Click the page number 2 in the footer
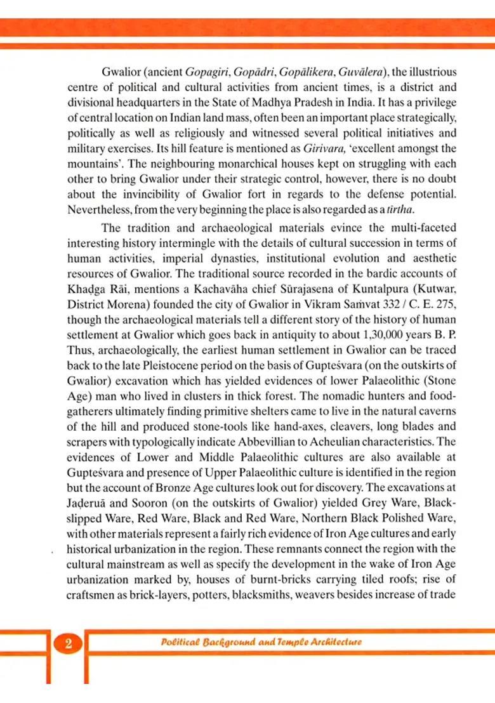click(x=69, y=643)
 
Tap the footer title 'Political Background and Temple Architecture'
click(x=261, y=642)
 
